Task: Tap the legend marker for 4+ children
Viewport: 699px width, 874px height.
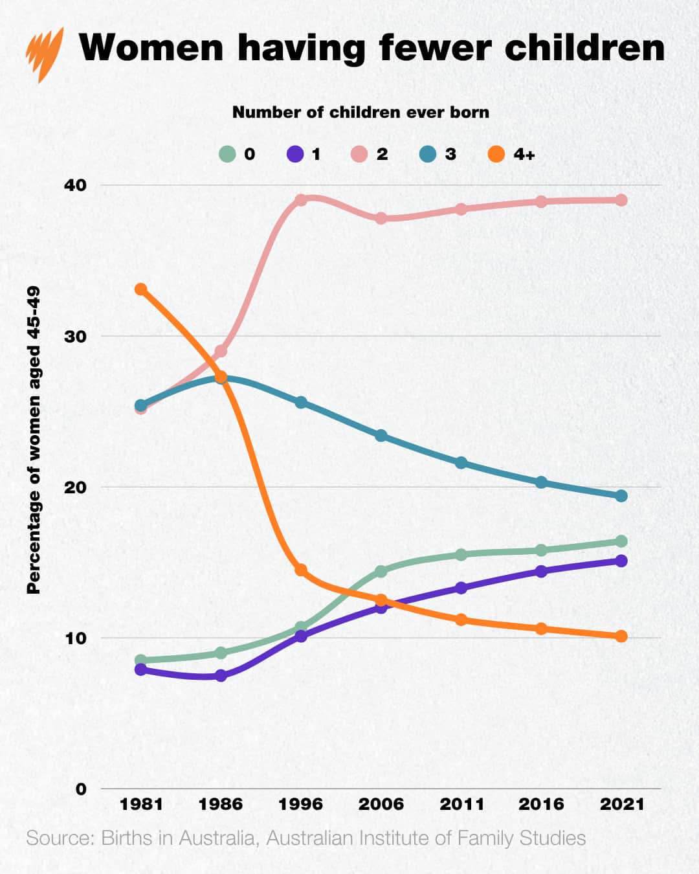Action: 496,154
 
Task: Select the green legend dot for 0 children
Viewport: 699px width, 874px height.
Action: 227,154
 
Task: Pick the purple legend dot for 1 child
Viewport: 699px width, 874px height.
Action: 295,154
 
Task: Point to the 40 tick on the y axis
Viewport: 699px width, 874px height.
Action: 75,185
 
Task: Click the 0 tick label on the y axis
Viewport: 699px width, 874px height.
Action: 81,789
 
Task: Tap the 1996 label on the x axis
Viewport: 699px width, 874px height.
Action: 300,804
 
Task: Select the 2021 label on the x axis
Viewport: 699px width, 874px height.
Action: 622,804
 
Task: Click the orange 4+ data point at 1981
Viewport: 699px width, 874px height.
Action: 140,289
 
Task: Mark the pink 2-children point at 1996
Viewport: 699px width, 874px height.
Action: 300,200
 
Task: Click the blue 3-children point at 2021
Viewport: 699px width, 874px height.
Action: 621,496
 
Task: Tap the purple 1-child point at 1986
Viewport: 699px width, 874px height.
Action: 221,676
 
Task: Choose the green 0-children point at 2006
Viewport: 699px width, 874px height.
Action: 381,571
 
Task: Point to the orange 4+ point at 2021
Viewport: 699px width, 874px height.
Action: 621,636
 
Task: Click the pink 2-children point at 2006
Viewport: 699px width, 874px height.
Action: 381,218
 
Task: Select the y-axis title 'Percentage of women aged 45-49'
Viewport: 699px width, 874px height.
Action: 34,440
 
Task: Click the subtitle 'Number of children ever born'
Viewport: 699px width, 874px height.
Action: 361,113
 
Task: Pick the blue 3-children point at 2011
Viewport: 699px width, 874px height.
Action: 461,463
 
